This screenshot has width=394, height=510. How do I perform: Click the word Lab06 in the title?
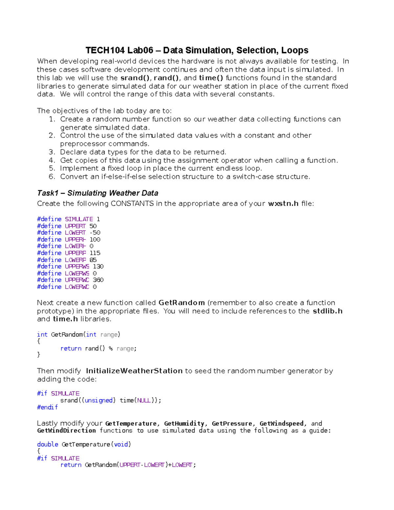(140, 50)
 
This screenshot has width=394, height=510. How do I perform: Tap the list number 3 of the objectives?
(52, 152)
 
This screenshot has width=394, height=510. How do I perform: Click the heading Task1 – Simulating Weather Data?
(98, 193)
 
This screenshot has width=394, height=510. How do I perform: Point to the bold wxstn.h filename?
(283, 204)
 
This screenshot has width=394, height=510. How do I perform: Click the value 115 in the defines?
(95, 253)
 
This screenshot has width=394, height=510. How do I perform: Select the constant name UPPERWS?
(77, 266)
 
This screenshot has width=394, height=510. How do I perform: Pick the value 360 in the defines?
(98, 280)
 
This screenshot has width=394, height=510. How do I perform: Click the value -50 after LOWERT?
(95, 233)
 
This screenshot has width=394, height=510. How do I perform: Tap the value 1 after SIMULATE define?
(98, 219)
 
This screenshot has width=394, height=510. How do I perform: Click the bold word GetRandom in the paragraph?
(182, 303)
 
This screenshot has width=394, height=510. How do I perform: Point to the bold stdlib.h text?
(327, 311)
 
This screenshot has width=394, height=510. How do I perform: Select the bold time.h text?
(65, 319)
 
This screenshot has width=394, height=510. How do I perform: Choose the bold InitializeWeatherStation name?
(134, 371)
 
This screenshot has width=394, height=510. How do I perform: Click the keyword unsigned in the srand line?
(98, 400)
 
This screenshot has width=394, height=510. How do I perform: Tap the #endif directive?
(47, 407)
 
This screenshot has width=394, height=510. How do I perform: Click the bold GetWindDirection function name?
(66, 431)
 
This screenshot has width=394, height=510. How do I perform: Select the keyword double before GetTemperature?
(48, 444)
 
